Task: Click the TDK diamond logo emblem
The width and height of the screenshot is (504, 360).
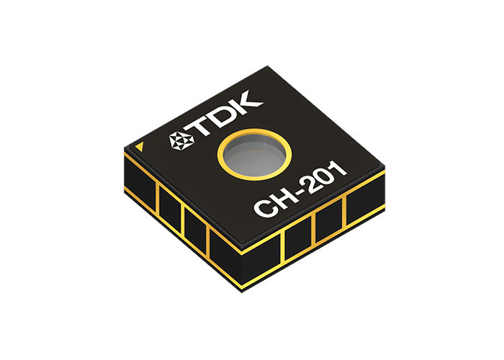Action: pos(181,140)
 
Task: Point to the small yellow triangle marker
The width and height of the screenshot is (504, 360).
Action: pos(140,146)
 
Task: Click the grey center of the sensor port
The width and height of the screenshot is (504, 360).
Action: pos(254,155)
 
